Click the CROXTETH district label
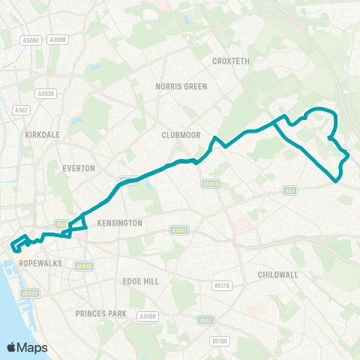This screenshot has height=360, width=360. [x=230, y=61]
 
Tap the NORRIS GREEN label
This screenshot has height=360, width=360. [x=181, y=86]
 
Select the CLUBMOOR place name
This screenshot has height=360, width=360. [x=178, y=135]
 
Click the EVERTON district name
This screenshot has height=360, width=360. [x=78, y=169]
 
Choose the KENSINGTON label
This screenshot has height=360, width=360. [x=119, y=223]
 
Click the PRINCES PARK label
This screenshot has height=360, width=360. [x=100, y=313]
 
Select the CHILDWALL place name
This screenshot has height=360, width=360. [x=277, y=274]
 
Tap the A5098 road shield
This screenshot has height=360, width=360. [x=56, y=40]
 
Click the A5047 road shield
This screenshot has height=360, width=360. [x=178, y=230]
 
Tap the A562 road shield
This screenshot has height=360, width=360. [x=205, y=320]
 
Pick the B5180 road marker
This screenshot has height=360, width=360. [x=219, y=342]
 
